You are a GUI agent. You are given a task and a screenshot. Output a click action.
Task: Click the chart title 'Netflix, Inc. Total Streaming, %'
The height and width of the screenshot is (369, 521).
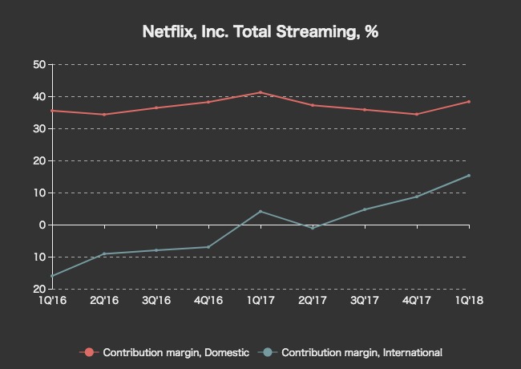click(260, 32)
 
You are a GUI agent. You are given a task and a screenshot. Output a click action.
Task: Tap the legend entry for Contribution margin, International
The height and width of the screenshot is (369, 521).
click(353, 352)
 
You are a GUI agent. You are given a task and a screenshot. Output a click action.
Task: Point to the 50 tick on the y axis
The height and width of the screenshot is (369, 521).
click(38, 64)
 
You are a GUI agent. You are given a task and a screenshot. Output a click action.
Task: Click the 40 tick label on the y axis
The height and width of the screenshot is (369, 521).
click(38, 96)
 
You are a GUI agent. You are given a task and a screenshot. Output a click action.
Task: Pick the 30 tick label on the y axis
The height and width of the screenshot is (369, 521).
click(38, 128)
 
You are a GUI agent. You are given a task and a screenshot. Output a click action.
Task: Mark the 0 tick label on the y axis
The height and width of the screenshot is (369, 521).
click(41, 225)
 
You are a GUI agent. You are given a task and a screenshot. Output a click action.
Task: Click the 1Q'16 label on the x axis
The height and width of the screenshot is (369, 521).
click(52, 300)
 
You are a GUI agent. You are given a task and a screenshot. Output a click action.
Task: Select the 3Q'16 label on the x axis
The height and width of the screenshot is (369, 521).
click(156, 300)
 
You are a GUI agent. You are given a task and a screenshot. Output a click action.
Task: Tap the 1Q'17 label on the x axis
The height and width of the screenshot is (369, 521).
click(260, 300)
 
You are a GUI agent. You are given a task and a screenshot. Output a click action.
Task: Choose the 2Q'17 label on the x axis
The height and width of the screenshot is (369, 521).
click(313, 300)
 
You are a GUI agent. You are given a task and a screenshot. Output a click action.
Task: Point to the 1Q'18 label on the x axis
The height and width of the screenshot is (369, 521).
click(469, 300)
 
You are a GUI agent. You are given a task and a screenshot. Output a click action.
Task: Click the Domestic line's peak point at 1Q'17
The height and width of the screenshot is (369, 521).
click(260, 92)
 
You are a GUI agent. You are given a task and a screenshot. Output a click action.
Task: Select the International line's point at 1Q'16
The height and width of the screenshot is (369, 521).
click(52, 276)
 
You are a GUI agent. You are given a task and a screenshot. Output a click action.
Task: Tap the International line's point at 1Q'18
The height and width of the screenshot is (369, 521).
click(469, 176)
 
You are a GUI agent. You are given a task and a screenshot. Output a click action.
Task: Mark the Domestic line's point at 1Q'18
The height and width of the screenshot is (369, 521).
click(469, 102)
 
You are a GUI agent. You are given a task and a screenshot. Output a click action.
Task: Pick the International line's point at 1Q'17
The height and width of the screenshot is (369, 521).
click(260, 211)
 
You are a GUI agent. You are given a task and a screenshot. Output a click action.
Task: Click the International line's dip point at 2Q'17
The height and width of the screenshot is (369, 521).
click(313, 228)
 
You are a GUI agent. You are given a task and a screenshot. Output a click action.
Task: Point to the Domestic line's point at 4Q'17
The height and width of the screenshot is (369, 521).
click(417, 114)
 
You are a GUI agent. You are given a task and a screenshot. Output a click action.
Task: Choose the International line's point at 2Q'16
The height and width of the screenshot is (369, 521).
click(104, 253)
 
